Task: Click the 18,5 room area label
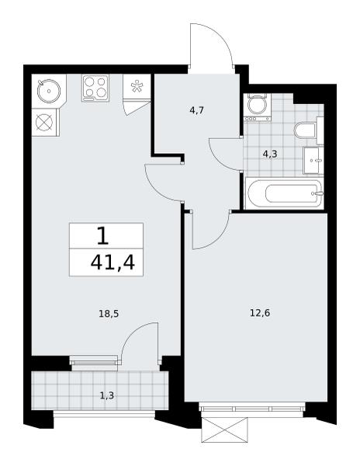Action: (109, 314)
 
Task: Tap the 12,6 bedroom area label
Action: (260, 313)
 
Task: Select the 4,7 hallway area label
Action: (197, 110)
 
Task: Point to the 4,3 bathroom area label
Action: (270, 154)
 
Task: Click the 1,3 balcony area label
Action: (107, 395)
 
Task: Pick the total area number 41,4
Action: (112, 263)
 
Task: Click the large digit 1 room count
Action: (103, 235)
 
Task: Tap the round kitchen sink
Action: (49, 91)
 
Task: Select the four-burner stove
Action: (95, 88)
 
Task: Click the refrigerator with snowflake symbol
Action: (137, 86)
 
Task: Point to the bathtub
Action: (284, 193)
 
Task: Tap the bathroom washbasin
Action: (313, 161)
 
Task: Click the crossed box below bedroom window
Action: (224, 429)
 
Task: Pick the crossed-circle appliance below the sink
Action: (44, 122)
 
